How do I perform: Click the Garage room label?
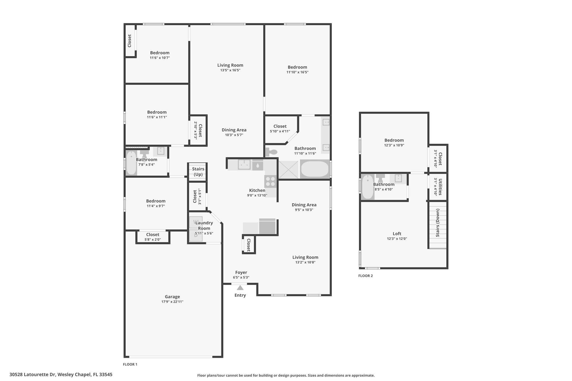[x=172, y=297]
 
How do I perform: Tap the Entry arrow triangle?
[x=240, y=288]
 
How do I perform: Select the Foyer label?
[x=241, y=272]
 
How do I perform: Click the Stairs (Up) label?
[x=198, y=172]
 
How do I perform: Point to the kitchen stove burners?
[x=270, y=181]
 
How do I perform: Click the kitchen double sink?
[x=244, y=165]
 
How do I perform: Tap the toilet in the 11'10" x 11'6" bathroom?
[x=271, y=152]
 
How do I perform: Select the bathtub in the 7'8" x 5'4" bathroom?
[x=131, y=163]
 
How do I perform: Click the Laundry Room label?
[x=204, y=226]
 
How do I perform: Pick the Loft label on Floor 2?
[x=397, y=234]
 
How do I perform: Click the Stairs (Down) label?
[x=438, y=223]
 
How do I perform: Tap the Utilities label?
[x=440, y=187]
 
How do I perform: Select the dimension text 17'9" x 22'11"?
[x=172, y=302]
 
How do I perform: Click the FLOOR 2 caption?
[x=365, y=276]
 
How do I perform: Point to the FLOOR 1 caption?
[x=130, y=364]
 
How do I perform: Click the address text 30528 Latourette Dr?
[x=32, y=375]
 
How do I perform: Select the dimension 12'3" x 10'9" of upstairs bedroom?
[x=394, y=145]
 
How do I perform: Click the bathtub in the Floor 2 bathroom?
[x=368, y=187]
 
